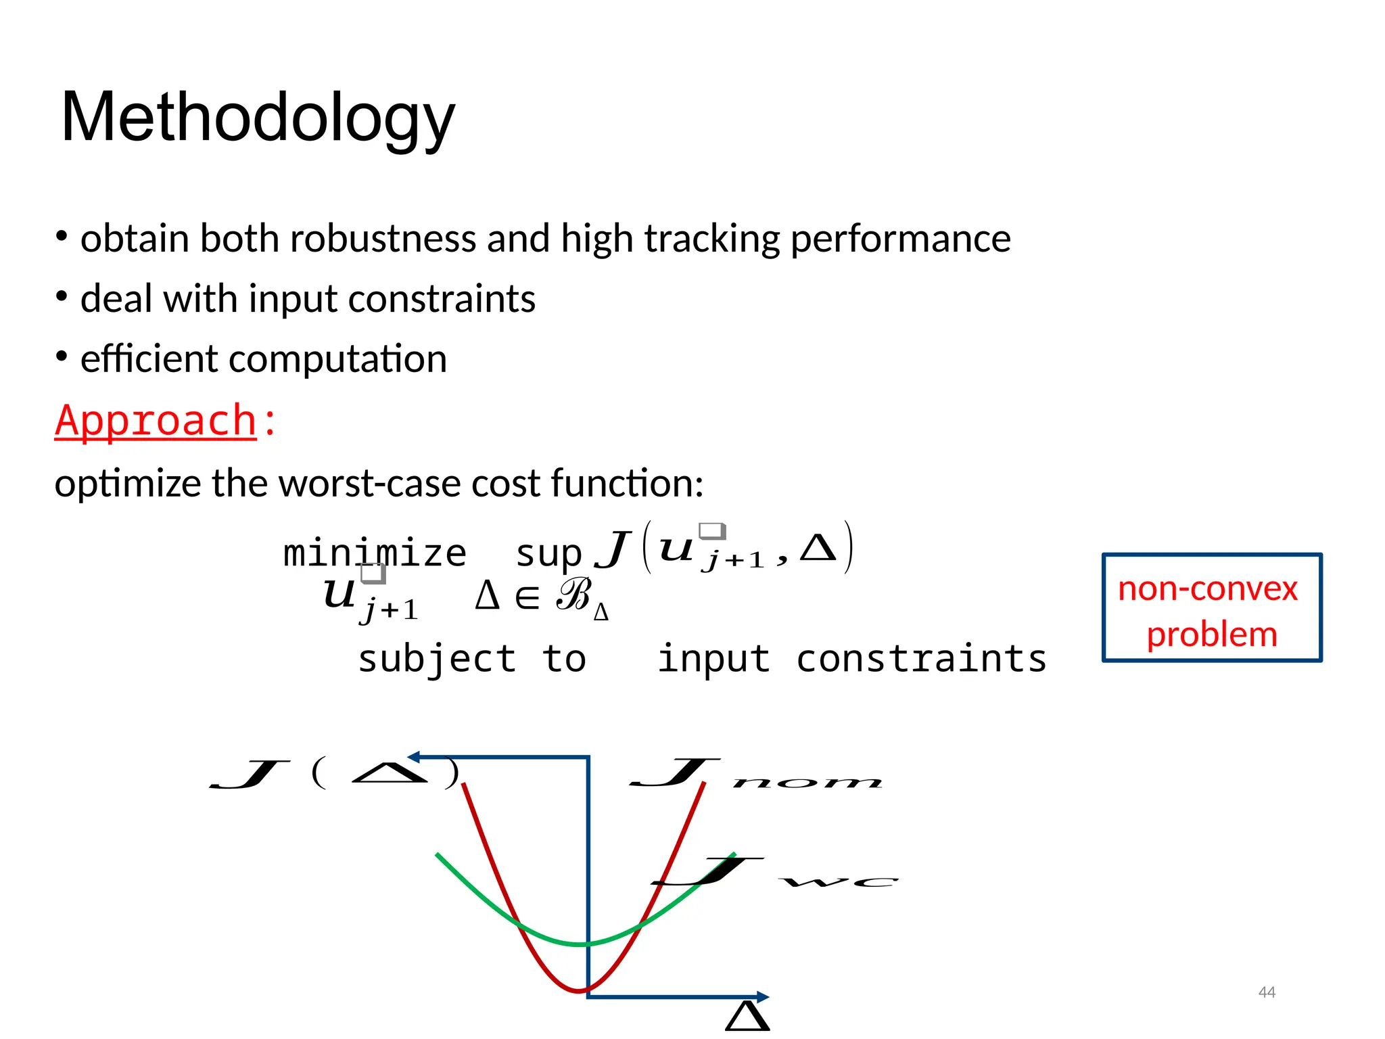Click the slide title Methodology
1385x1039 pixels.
pyautogui.click(x=258, y=118)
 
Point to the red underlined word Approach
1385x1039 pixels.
pyautogui.click(x=156, y=421)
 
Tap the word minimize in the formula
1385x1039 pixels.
pyautogui.click(x=374, y=553)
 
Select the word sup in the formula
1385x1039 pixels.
pyautogui.click(x=548, y=554)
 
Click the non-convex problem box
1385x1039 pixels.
pyautogui.click(x=1211, y=607)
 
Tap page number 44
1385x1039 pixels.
pyautogui.click(x=1266, y=992)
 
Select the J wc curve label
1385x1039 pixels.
pyautogui.click(x=774, y=873)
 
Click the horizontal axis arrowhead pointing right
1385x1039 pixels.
pyautogui.click(x=763, y=996)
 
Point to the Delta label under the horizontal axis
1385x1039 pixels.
pyautogui.click(x=747, y=1017)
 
